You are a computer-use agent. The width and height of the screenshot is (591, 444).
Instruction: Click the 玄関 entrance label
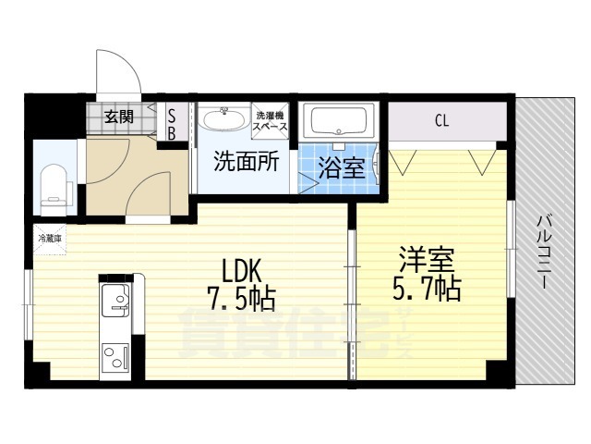118,117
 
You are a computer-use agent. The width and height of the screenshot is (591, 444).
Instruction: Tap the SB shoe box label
171,124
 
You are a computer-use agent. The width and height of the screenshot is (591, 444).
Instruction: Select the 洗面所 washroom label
246,163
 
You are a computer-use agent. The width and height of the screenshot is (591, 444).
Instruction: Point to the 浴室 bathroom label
342,168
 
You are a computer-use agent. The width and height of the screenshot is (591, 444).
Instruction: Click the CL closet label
442,120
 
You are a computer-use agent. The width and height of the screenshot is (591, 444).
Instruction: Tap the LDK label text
243,270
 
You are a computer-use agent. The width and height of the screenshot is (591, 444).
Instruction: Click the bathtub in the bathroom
339,120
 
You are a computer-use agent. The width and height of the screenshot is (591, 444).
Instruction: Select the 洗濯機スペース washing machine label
271,120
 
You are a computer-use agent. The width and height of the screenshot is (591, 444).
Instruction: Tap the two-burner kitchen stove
116,357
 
